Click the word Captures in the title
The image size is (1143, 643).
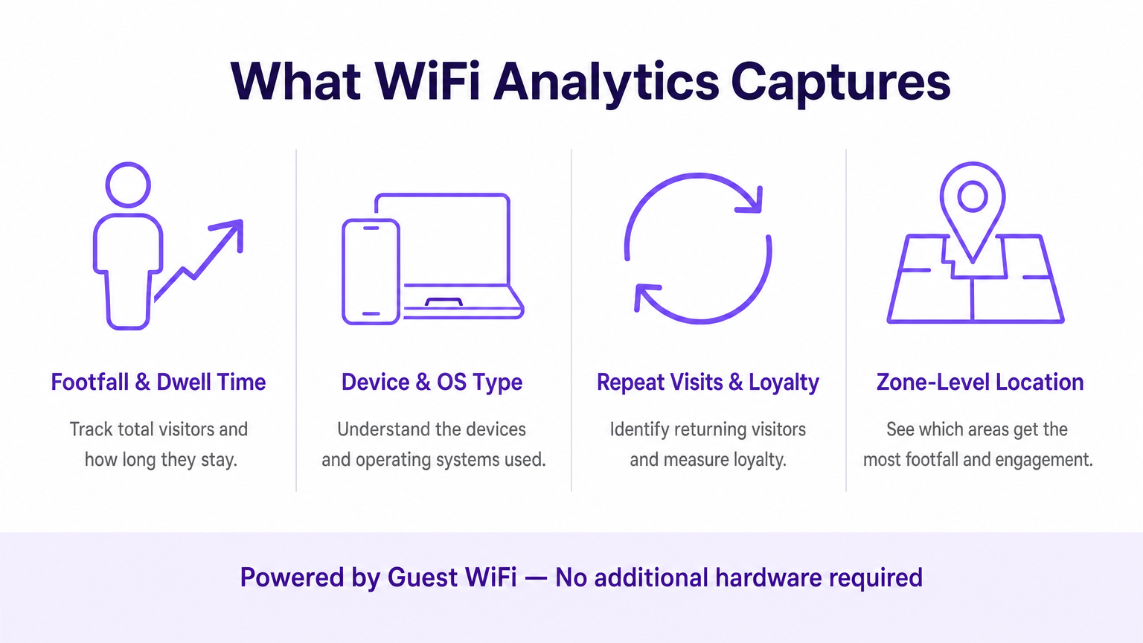[x=840, y=82]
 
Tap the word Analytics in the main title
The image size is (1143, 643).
[x=606, y=82]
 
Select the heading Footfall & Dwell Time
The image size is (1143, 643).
[x=159, y=382]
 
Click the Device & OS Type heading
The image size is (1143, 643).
[x=432, y=382]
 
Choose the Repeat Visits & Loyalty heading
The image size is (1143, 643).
[x=708, y=382]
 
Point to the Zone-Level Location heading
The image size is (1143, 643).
[x=979, y=382]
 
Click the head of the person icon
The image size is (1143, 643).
[x=128, y=185]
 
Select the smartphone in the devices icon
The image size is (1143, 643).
[x=371, y=272]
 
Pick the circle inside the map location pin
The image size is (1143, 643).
[x=972, y=196]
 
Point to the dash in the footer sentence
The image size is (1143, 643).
[x=536, y=578]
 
